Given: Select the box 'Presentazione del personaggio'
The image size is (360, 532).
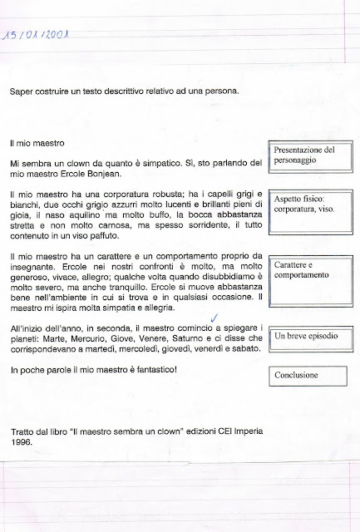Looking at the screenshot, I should pyautogui.click(x=305, y=155).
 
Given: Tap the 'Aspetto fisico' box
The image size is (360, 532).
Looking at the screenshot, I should pyautogui.click(x=305, y=206).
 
